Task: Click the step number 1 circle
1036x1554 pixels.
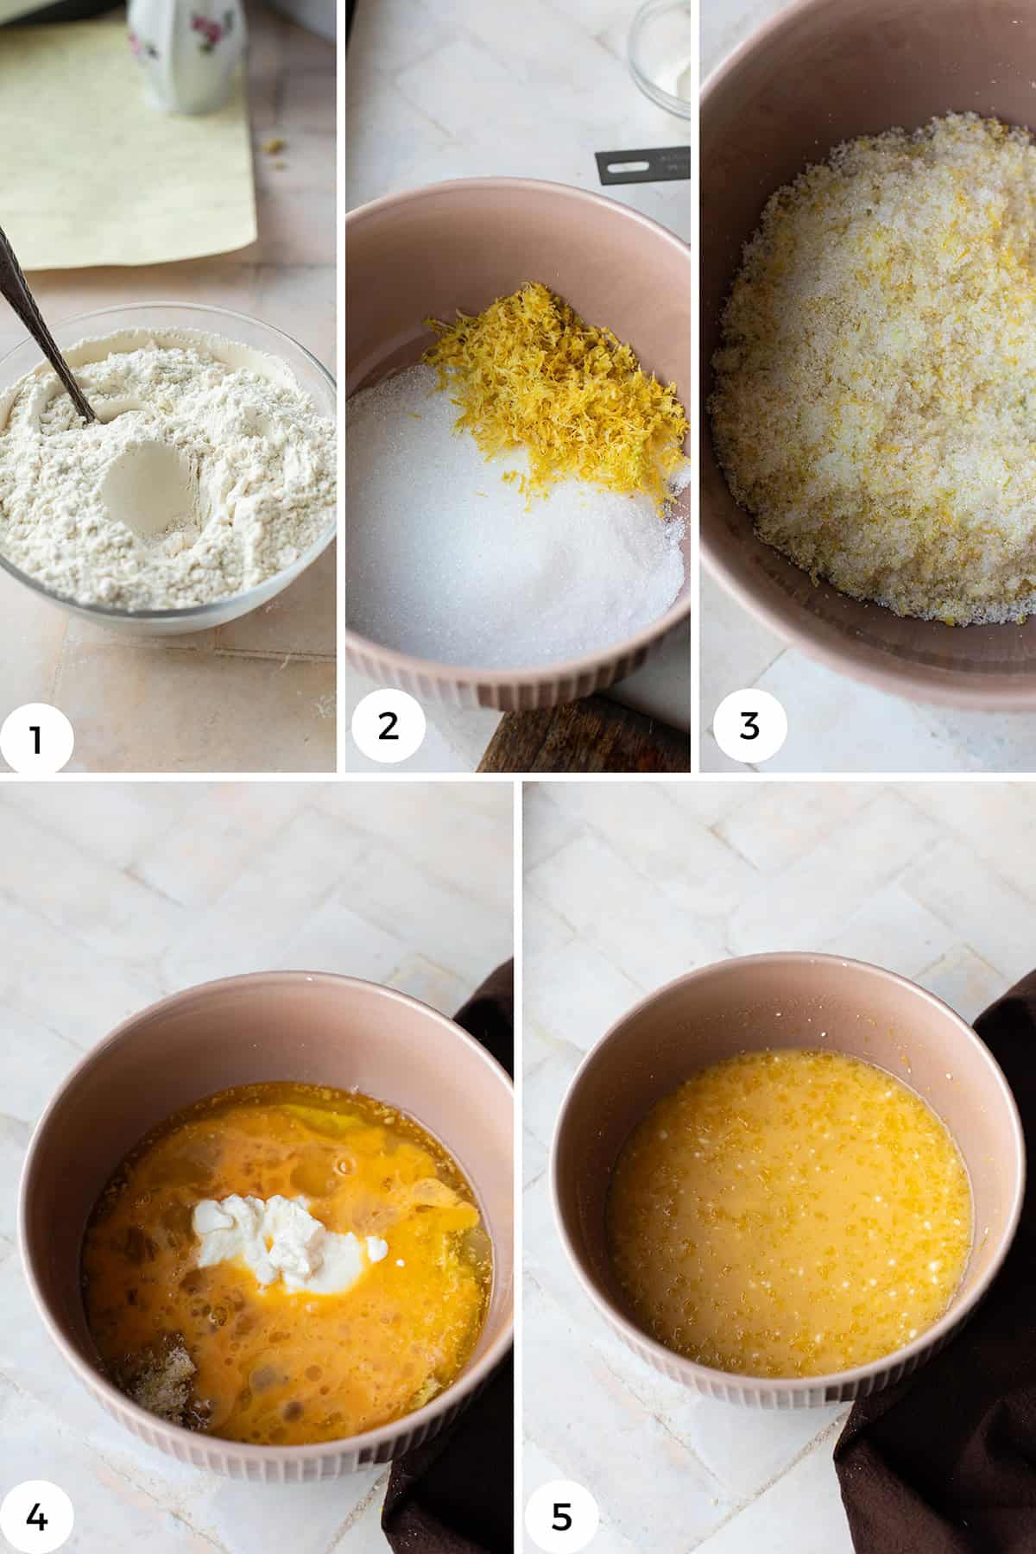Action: click(36, 738)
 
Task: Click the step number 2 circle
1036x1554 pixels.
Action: click(388, 725)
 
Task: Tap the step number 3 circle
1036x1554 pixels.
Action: click(749, 725)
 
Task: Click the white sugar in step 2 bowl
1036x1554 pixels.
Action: click(483, 553)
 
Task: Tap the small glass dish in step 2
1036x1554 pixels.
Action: click(660, 52)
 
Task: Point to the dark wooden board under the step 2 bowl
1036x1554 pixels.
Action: click(587, 742)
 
